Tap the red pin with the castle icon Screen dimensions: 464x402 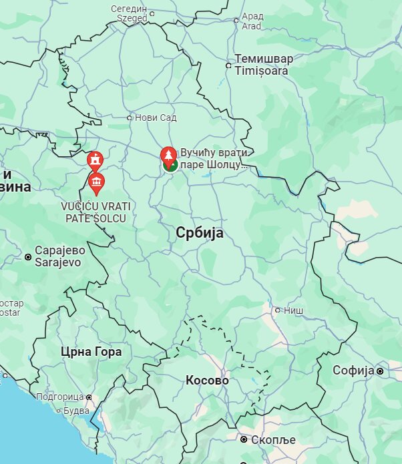(x=95, y=160)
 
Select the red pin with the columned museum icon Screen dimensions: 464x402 (x=96, y=182)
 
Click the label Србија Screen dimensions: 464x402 (x=200, y=233)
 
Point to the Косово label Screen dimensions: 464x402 (x=207, y=381)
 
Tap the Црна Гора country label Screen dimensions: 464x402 (x=91, y=352)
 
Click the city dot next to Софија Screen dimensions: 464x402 (x=380, y=371)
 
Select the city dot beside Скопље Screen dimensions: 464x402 (x=244, y=439)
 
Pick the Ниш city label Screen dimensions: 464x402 (x=294, y=310)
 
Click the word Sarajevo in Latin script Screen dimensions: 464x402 (x=58, y=262)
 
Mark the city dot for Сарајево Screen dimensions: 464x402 (x=28, y=256)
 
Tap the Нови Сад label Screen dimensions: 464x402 (x=156, y=118)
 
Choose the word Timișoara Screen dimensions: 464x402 (x=262, y=71)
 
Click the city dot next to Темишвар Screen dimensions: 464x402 (x=229, y=65)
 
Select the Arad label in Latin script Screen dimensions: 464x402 (x=252, y=26)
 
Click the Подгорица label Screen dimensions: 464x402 (x=59, y=397)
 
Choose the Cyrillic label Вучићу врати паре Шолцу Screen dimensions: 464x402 (x=214, y=158)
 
